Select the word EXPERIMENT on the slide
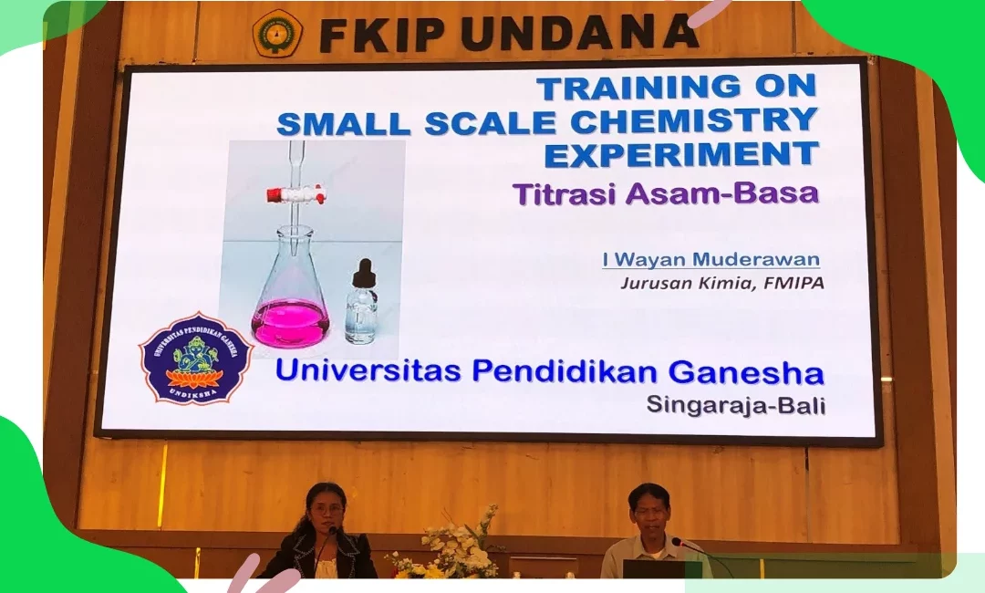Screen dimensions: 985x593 coord(681,154)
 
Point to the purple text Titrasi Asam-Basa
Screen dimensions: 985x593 coord(666,193)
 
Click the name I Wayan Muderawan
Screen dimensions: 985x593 coord(711,259)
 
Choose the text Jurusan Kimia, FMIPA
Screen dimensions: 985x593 coord(721,284)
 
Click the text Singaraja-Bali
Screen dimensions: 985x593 coord(736,404)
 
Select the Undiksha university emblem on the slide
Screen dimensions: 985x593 coord(195,358)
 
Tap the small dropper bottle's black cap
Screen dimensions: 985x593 coord(363,273)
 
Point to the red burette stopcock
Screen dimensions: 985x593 coord(294,194)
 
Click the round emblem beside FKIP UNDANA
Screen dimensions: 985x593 coord(277,33)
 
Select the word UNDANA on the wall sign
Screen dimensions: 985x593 coord(580,33)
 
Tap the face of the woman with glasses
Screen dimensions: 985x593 coord(327,513)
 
